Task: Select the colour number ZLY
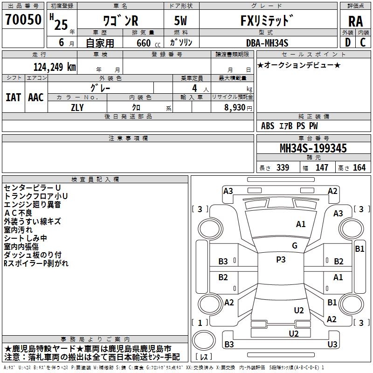pyautogui.click(x=77, y=107)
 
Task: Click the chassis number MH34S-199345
pyautogui.click(x=313, y=148)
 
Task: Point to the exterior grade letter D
pyautogui.click(x=347, y=42)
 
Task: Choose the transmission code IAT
pyautogui.click(x=13, y=97)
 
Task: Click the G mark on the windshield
pyautogui.click(x=295, y=246)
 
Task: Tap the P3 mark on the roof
pyautogui.click(x=281, y=260)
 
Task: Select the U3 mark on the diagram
pyautogui.click(x=332, y=344)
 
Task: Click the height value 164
pyautogui.click(x=359, y=168)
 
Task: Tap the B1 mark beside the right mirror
pyautogui.click(x=359, y=249)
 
